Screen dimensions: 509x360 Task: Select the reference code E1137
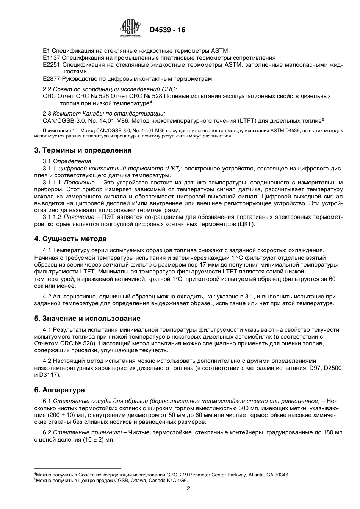(52, 58)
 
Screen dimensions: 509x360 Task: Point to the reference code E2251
(52, 65)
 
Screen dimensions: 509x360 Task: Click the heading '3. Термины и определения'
(83, 150)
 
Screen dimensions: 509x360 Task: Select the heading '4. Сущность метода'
(70, 239)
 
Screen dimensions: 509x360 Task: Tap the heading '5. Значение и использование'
(87, 319)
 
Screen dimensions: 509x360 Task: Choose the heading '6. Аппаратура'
(59, 390)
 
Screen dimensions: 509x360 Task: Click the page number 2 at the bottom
(188, 489)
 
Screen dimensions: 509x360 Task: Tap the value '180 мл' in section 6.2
(333, 432)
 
